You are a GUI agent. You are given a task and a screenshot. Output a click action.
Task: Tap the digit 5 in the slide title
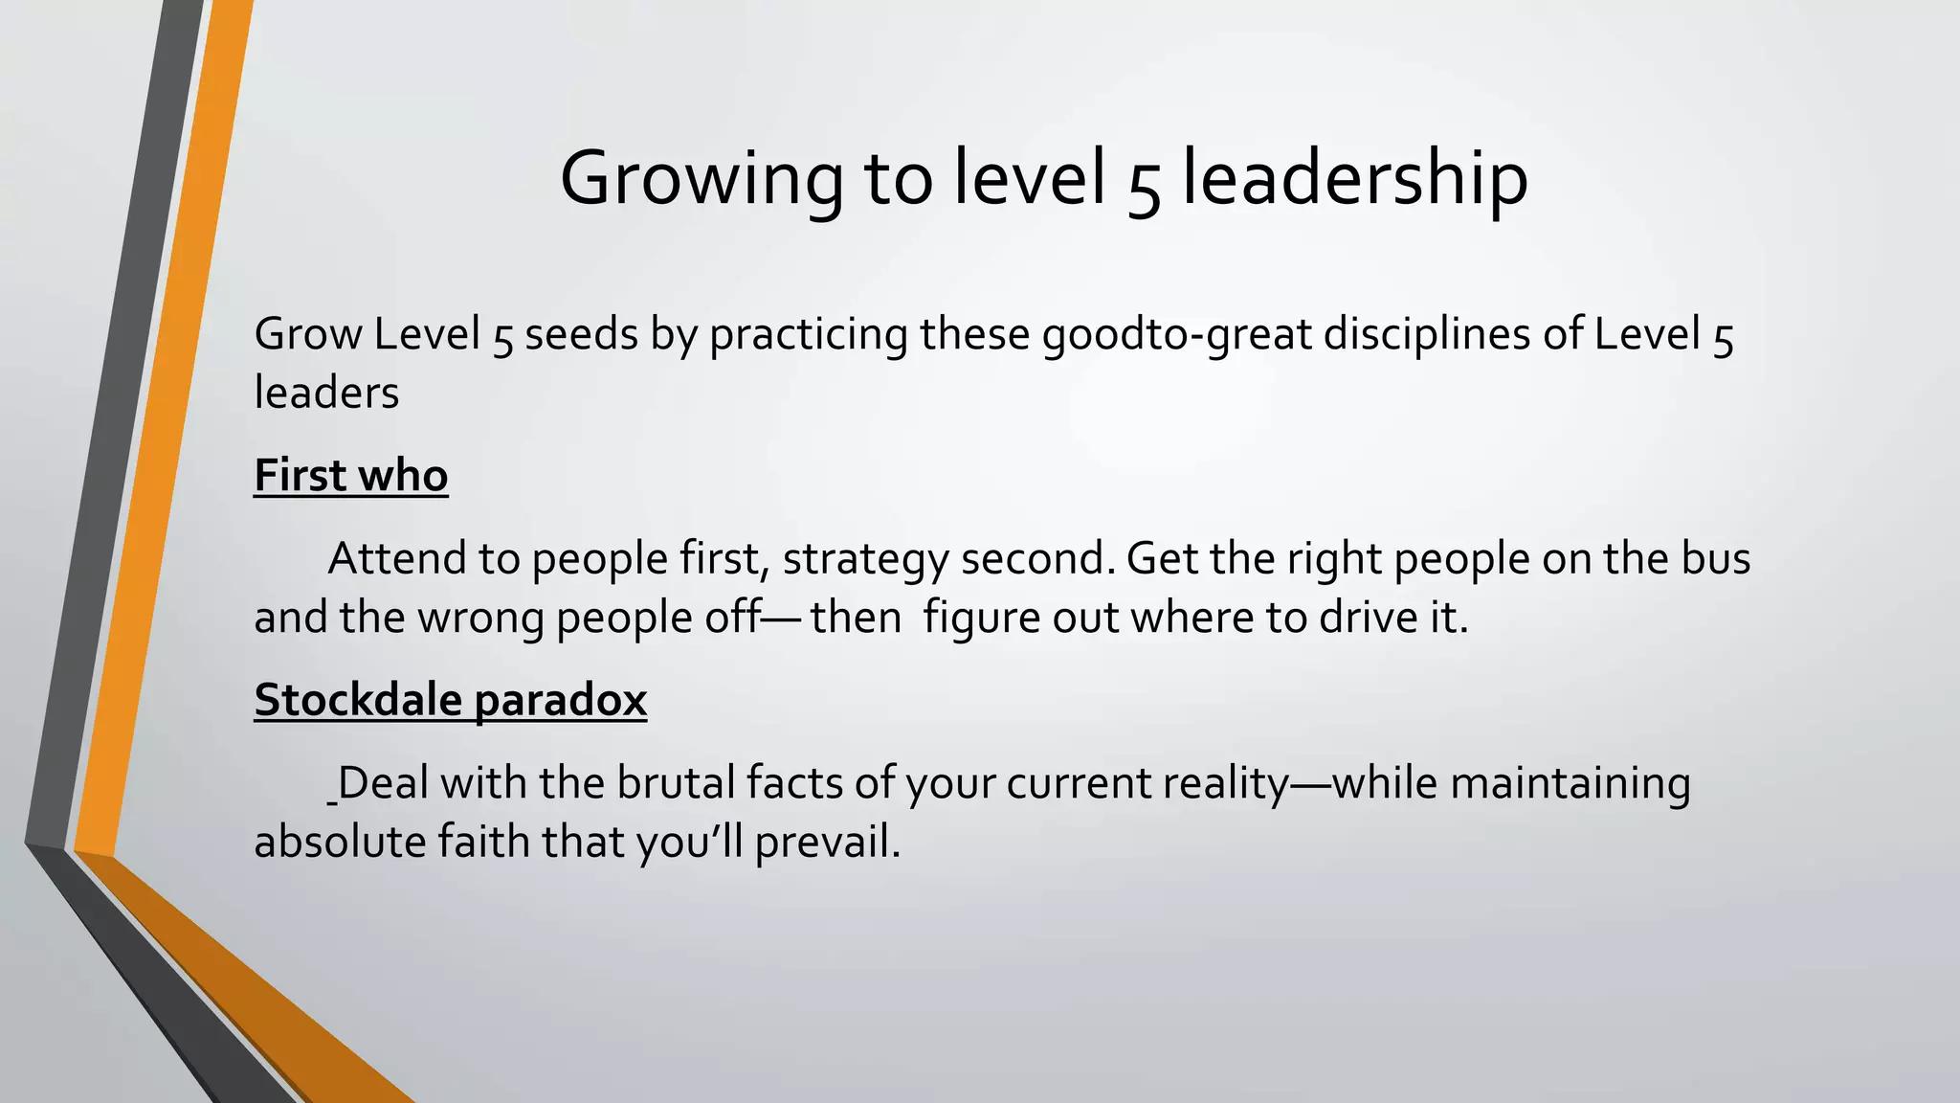1144,184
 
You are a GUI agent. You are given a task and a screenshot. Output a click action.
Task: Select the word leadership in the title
1354,179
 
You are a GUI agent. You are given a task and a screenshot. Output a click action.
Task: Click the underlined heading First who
350,476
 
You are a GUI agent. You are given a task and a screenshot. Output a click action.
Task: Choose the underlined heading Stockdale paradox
450,700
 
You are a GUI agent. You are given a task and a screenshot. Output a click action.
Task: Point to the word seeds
581,335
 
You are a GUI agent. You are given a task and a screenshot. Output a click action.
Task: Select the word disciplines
1426,335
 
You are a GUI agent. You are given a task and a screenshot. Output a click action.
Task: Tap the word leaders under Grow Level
326,393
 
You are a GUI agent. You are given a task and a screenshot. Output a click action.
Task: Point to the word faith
484,843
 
